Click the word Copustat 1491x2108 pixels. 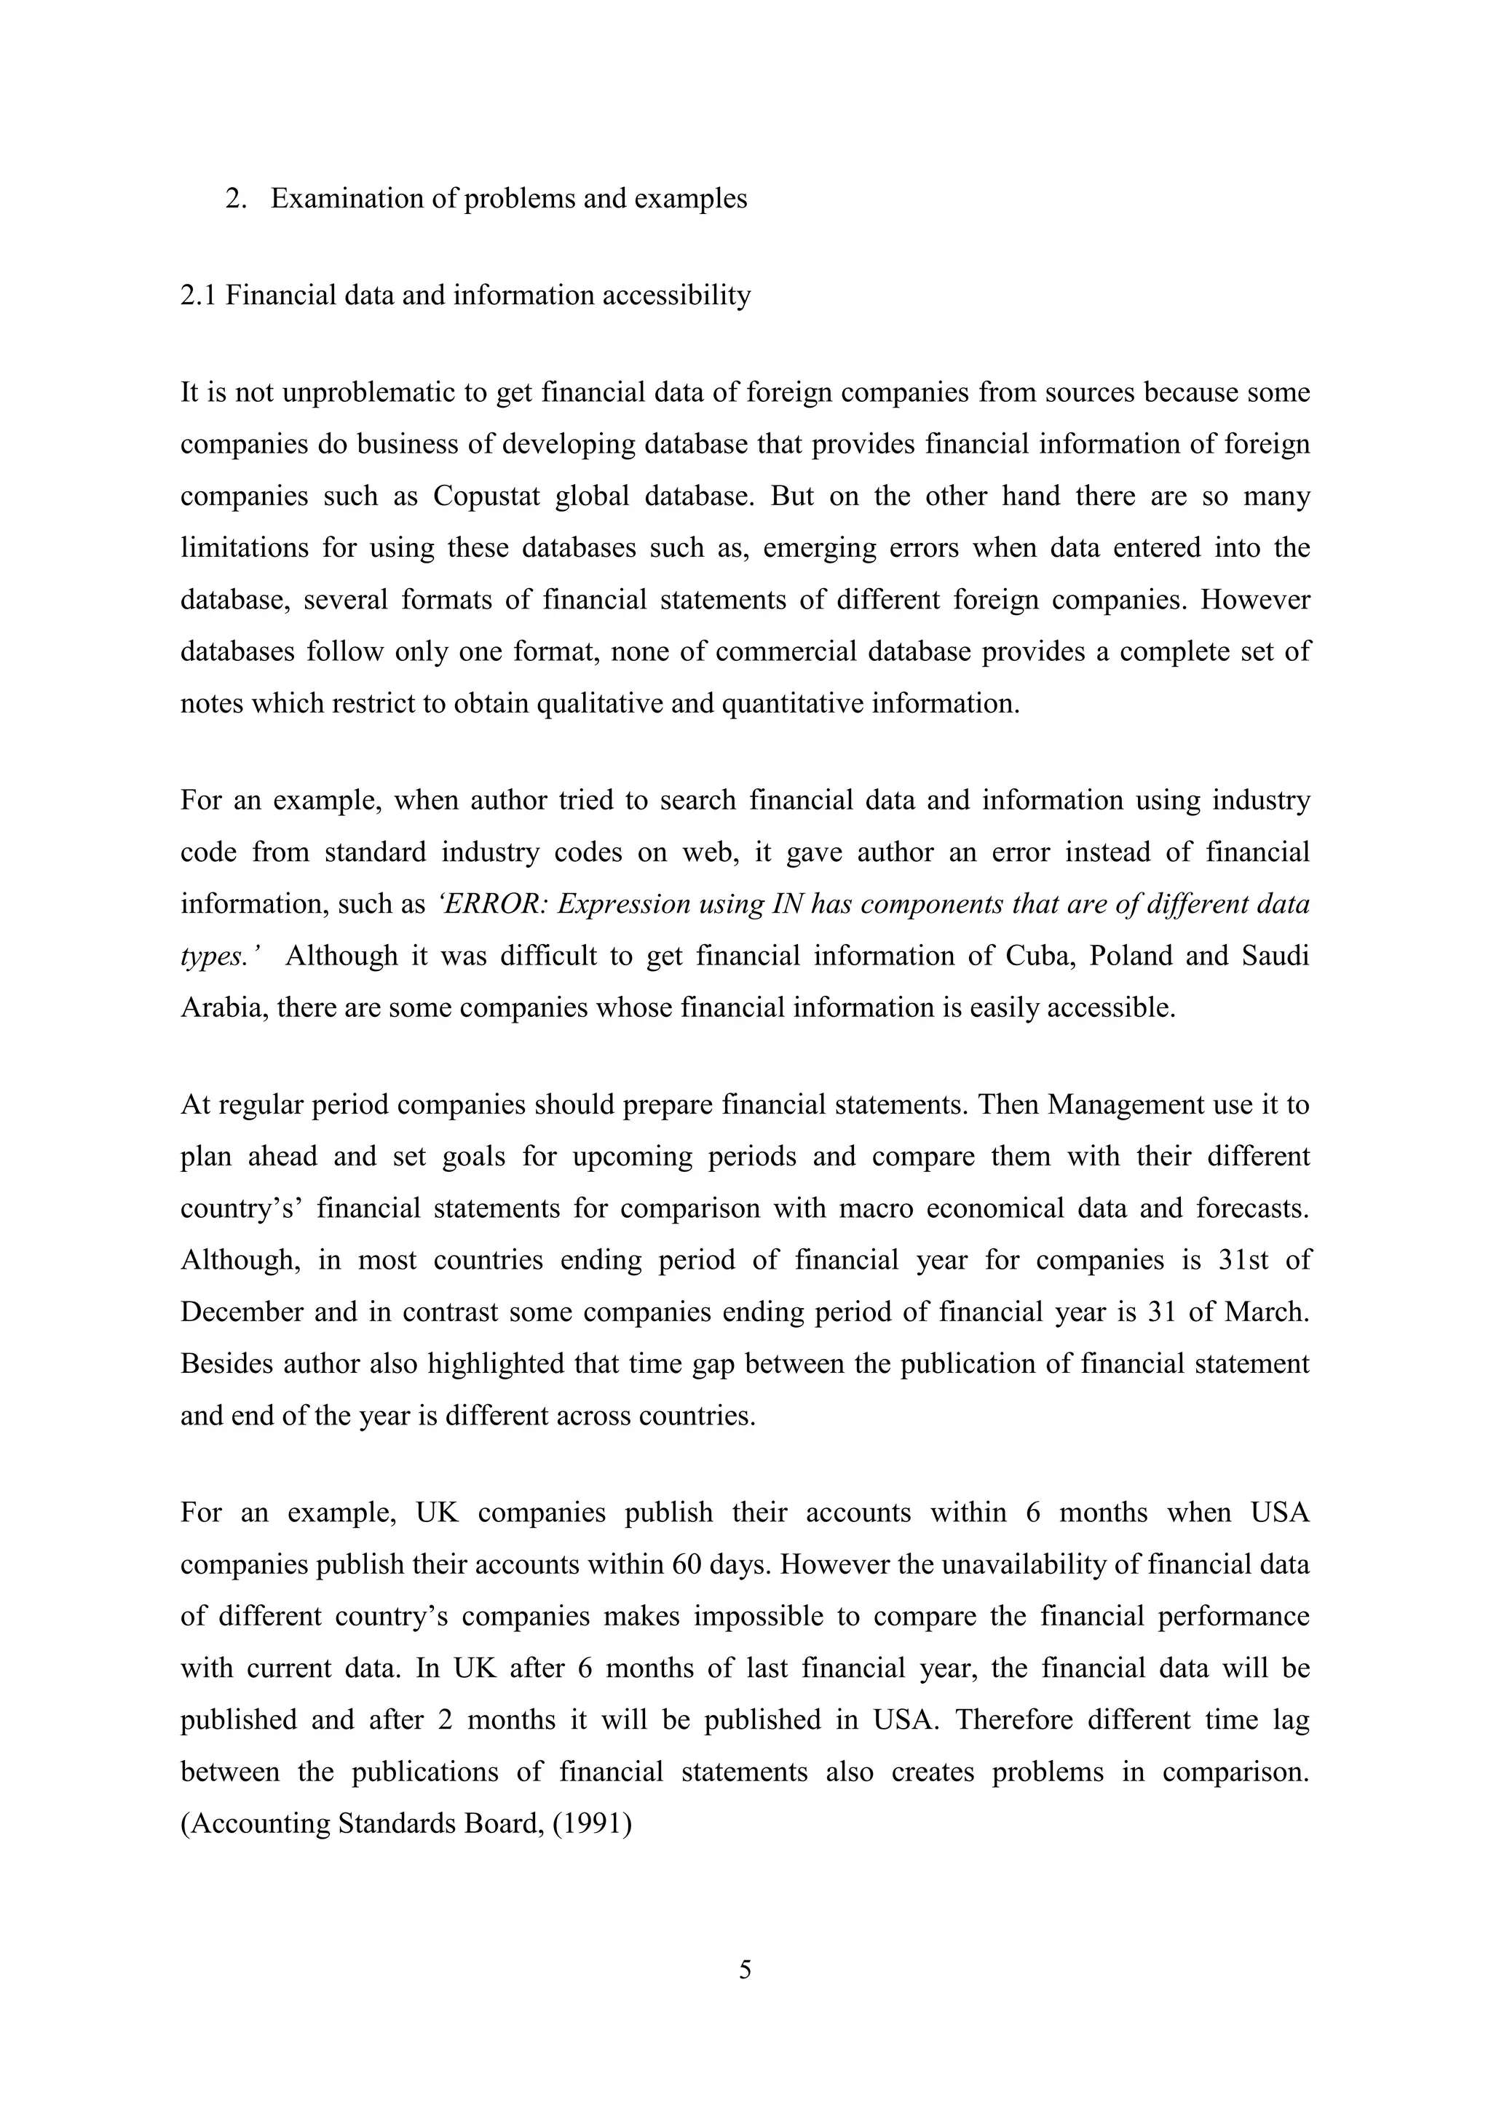(485, 496)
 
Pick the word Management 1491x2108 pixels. (1126, 1104)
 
